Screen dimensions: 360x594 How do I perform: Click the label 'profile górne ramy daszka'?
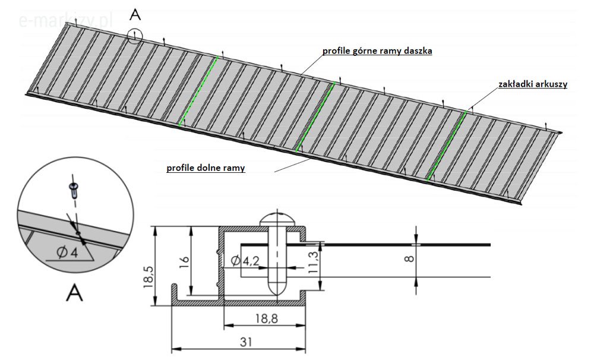(x=377, y=51)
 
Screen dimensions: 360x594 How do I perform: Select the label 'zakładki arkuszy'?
(x=533, y=84)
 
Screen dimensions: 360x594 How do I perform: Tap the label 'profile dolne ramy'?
(x=206, y=168)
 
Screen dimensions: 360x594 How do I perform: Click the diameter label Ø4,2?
(x=245, y=260)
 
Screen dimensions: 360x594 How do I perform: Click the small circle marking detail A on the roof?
(x=135, y=36)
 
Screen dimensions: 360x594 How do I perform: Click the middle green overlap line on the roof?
(x=315, y=116)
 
